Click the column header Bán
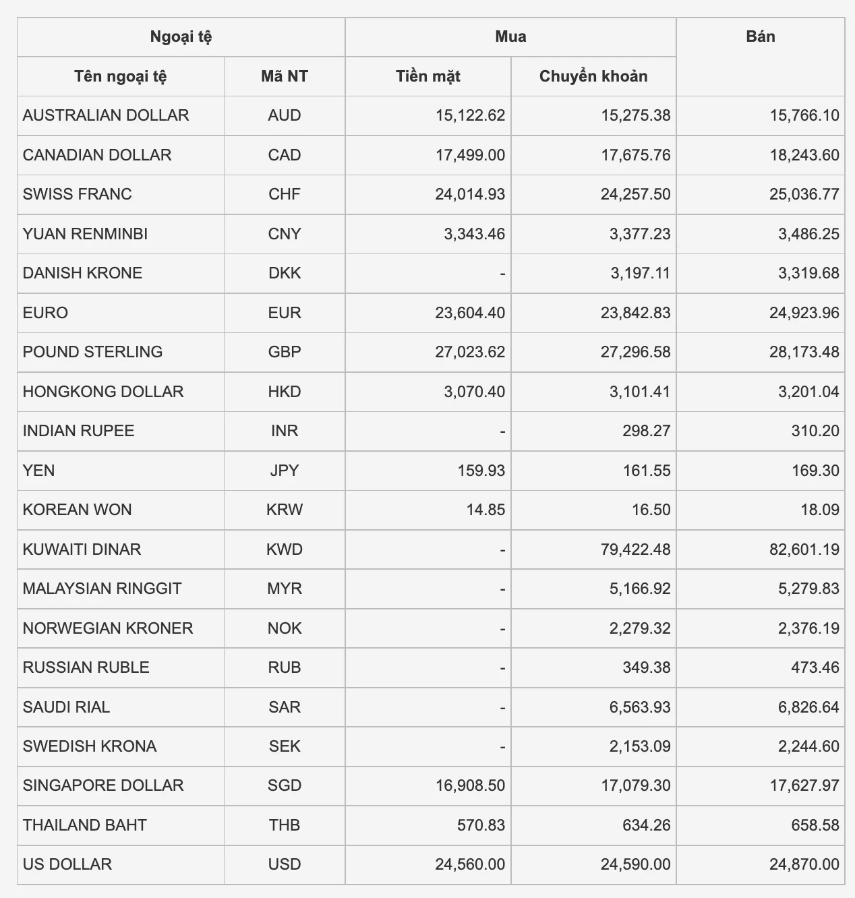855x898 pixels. [760, 36]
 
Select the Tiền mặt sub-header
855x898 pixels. [427, 76]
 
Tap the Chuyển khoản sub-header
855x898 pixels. [593, 76]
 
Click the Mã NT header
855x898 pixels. [284, 76]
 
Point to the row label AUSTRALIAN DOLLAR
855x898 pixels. [106, 115]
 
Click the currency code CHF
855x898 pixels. [284, 194]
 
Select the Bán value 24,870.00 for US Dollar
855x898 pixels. [804, 864]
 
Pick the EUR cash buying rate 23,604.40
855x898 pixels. [469, 313]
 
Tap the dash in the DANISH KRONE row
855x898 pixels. [502, 274]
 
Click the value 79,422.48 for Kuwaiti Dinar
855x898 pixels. [635, 549]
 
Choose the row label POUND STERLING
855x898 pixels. [92, 352]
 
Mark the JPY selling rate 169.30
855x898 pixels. [815, 471]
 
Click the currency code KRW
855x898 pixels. [284, 510]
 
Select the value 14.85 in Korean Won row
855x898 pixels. [485, 510]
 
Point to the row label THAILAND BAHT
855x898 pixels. [84, 825]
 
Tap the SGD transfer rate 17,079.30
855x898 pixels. [635, 785]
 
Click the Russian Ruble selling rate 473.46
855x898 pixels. [815, 667]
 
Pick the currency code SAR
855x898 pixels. [284, 707]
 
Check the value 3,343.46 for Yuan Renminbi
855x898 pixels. [474, 234]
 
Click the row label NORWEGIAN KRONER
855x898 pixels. [108, 628]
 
